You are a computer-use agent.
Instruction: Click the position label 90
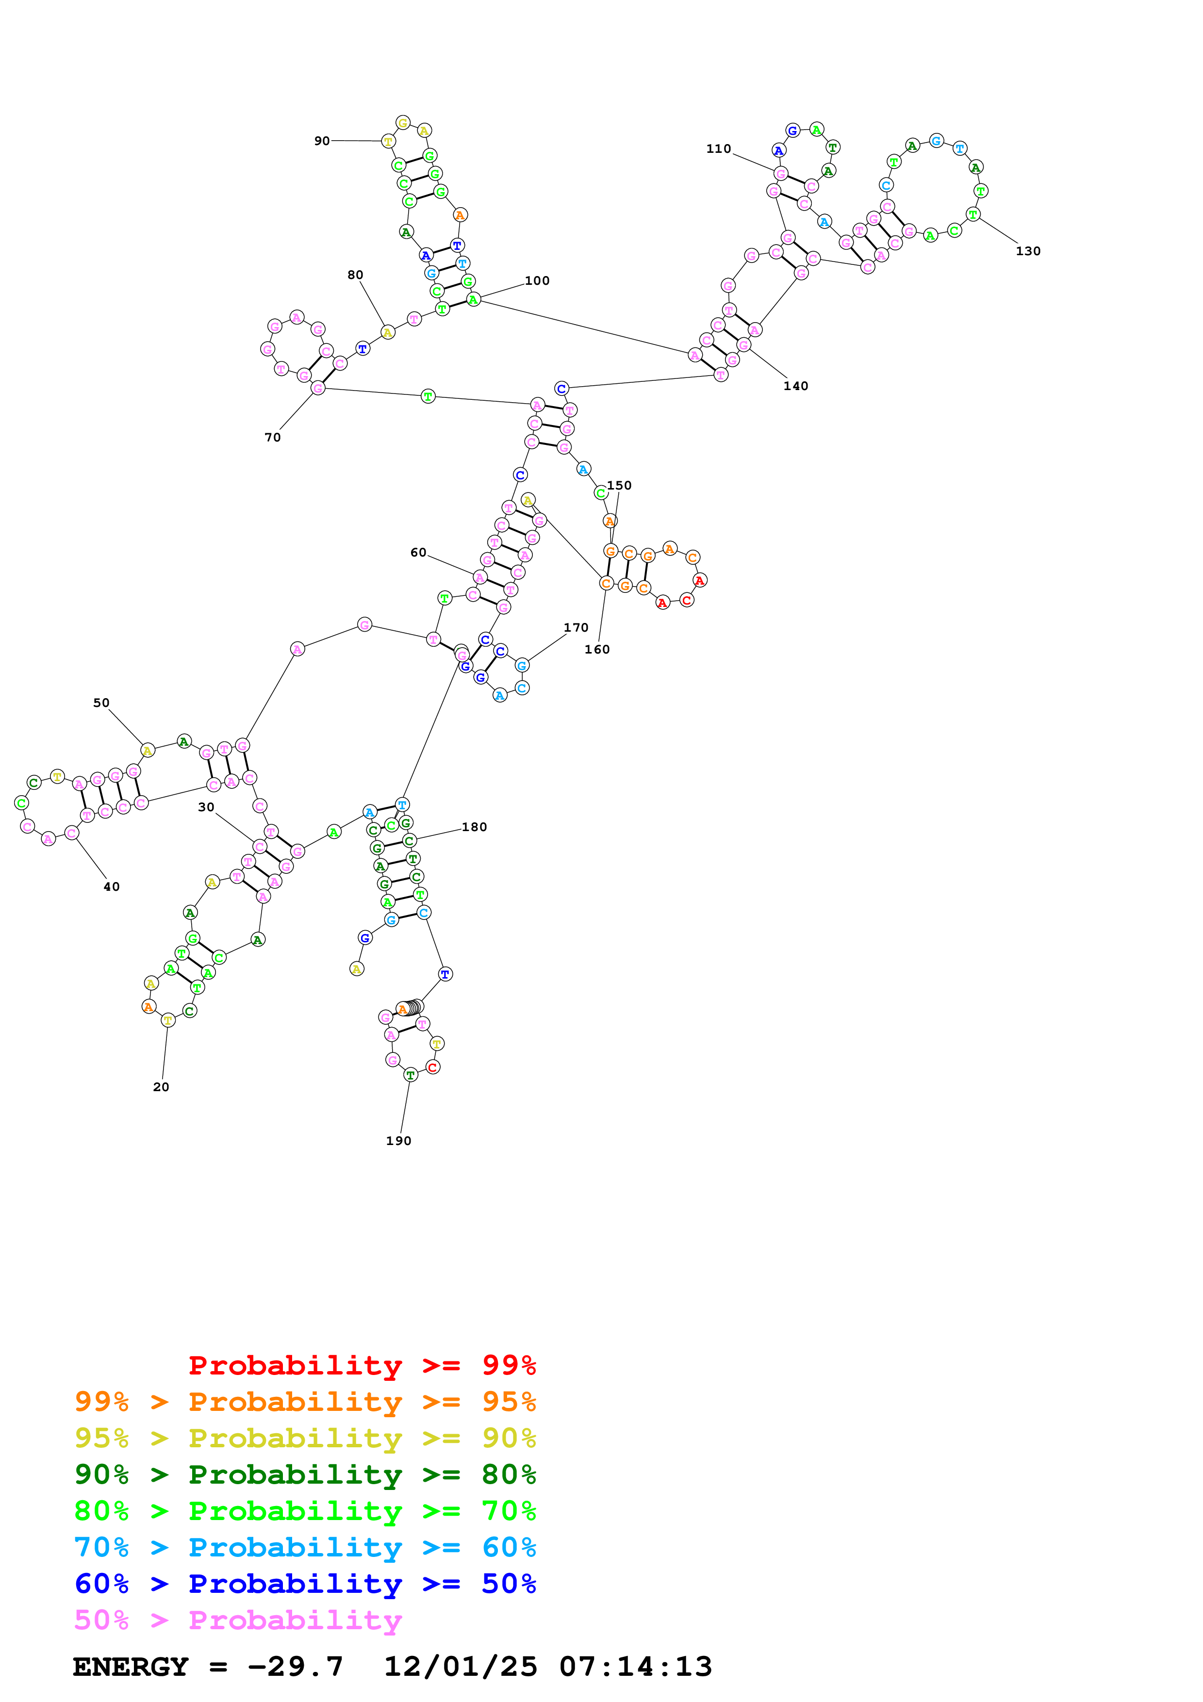[322, 141]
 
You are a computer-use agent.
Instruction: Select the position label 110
[718, 149]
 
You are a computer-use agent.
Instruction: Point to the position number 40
[111, 886]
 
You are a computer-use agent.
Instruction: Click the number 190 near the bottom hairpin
[398, 1141]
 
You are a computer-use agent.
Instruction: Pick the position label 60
[418, 552]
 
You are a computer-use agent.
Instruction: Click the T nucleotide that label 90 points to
[388, 141]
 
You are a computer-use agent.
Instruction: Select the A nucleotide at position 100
[473, 299]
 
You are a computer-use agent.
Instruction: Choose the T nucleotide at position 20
[167, 1020]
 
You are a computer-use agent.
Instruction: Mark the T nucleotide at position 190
[410, 1074]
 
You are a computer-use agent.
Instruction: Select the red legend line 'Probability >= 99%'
[362, 1365]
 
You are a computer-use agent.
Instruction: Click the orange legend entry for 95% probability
[305, 1402]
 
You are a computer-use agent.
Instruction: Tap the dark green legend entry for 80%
[305, 1474]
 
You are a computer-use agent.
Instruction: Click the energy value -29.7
[295, 1667]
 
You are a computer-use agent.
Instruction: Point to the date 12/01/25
[460, 1667]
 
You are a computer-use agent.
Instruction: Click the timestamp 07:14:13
[635, 1667]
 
